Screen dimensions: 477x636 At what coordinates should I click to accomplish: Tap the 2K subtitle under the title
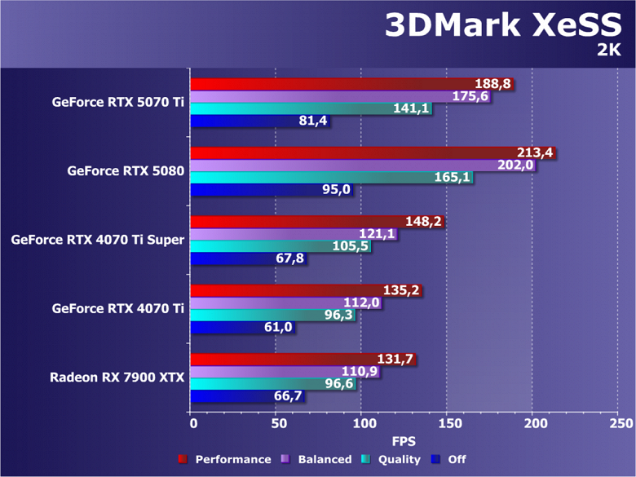[608, 51]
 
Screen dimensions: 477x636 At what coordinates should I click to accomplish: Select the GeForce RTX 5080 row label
[126, 171]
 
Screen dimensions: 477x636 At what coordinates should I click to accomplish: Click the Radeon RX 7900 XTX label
[117, 377]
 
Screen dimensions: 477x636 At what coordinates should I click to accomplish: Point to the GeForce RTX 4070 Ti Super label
[97, 240]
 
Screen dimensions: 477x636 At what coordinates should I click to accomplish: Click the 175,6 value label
[470, 96]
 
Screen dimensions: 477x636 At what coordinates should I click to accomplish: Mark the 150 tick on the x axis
[448, 424]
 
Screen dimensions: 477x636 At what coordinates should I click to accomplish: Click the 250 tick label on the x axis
[619, 424]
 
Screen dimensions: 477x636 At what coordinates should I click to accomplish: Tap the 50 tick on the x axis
[277, 424]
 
